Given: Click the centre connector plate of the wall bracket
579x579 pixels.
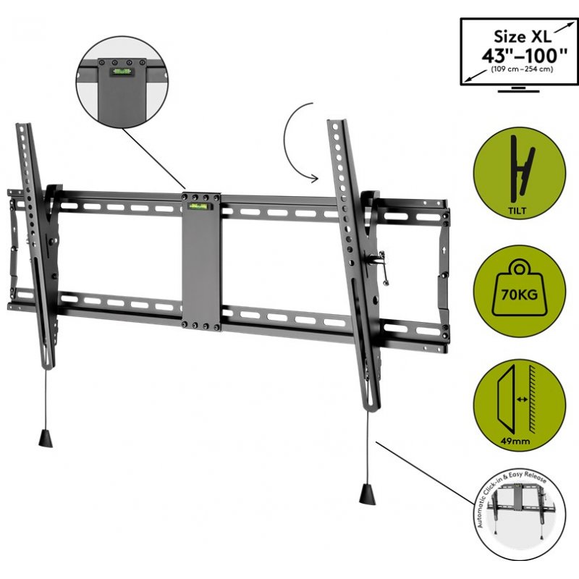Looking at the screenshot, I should (x=201, y=261).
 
